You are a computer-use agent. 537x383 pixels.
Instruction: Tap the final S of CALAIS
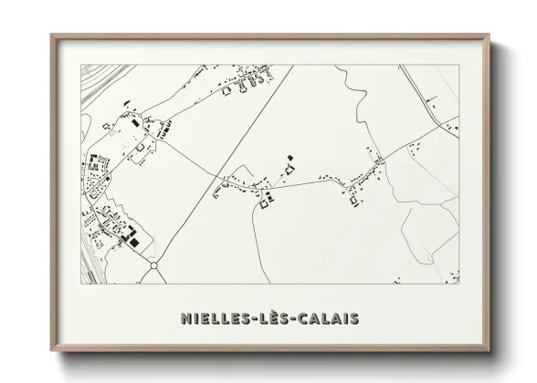(353, 318)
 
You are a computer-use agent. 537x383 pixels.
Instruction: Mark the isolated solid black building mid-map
(290, 157)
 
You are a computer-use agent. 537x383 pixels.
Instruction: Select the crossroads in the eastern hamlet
(376, 163)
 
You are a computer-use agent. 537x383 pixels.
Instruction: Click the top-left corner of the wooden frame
(53, 36)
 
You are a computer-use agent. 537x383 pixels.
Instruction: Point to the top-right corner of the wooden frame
(487, 36)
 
